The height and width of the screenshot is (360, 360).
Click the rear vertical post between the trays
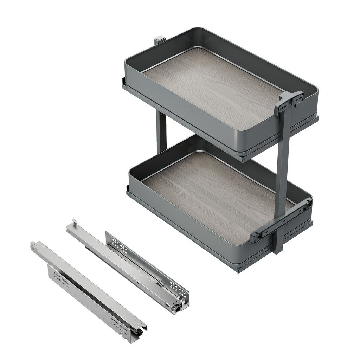(161, 130)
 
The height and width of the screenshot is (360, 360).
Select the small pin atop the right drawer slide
(74, 221)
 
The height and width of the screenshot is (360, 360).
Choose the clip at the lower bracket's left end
(255, 237)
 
